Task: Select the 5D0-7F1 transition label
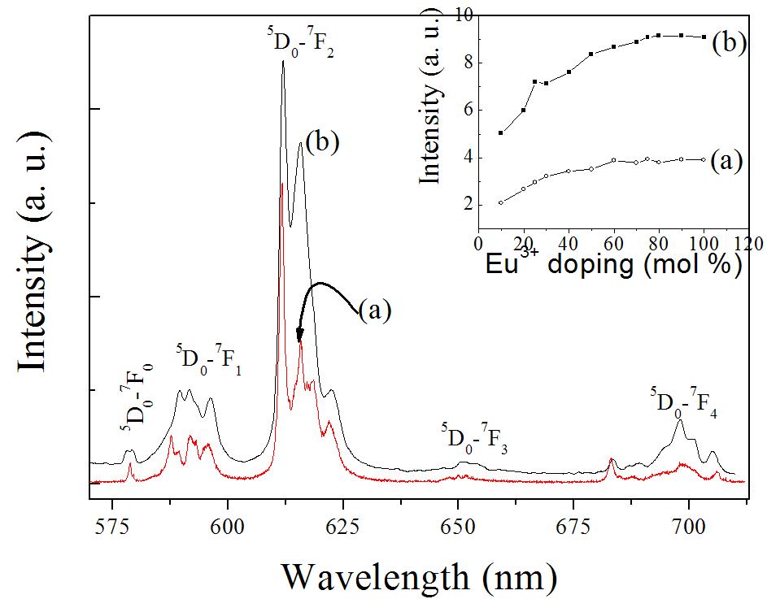208,359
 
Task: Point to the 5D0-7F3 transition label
474,440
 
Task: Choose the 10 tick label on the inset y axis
463,15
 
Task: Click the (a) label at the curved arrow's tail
375,310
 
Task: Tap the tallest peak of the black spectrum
283,61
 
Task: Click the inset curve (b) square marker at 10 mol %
500,133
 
